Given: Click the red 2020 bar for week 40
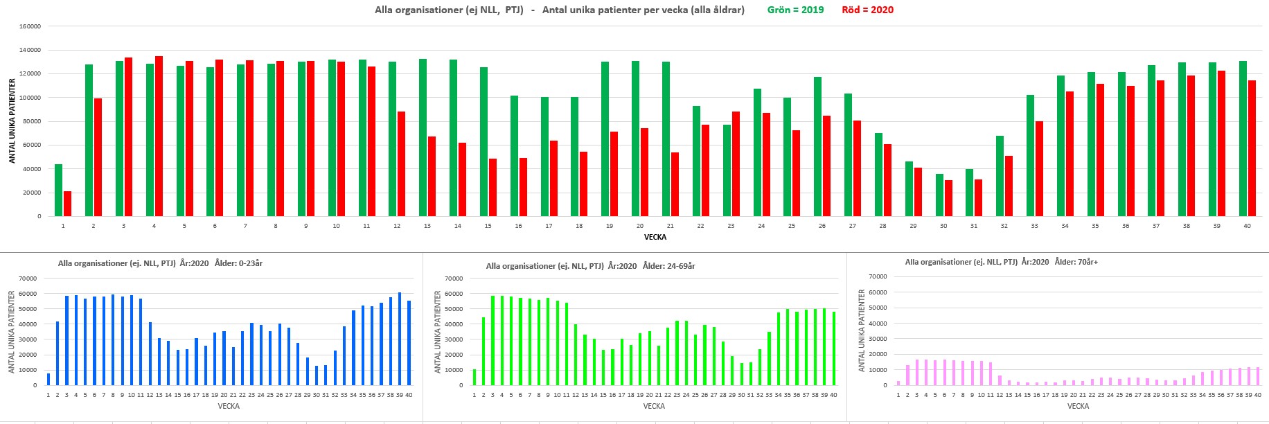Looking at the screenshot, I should click(x=1252, y=148).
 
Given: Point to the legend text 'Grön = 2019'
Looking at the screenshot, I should click(x=795, y=10).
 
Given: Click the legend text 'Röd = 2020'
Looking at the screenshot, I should click(x=867, y=10).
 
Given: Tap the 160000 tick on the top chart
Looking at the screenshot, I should click(x=30, y=26).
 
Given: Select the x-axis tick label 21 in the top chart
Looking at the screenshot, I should click(x=670, y=226).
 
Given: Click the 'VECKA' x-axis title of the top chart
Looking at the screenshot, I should click(x=655, y=237).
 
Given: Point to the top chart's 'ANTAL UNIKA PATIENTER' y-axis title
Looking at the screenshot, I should click(x=12, y=121).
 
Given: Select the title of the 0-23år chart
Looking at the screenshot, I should click(x=160, y=263).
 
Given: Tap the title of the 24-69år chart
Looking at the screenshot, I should click(x=590, y=266).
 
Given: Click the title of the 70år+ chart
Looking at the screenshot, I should click(x=1001, y=262).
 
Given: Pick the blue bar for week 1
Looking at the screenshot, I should click(x=48, y=380).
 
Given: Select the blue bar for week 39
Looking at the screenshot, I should click(x=400, y=339).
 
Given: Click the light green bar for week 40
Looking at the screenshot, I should click(x=833, y=348).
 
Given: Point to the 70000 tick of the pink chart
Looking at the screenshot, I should click(x=878, y=276).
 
